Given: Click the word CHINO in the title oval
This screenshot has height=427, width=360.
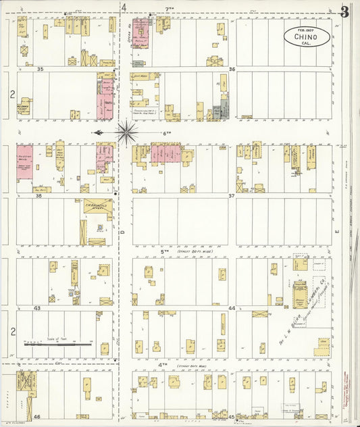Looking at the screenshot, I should pos(307,37).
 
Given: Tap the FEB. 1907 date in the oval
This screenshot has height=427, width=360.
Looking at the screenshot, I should pos(307,30).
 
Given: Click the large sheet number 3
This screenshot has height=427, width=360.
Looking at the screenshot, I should pos(345,11).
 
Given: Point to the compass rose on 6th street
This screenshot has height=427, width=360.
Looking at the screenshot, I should pos(126,132).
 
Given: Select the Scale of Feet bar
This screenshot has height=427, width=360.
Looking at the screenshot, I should pos(57,344).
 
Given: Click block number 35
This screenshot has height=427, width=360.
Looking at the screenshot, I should pos(41,69).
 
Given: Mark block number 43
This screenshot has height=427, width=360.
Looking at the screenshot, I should pos(38,308).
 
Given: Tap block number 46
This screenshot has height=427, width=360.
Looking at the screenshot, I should pos(38,417).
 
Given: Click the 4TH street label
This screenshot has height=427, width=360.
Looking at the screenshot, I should pos(163,364).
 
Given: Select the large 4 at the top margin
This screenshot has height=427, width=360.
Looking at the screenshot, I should pos(124,7).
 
